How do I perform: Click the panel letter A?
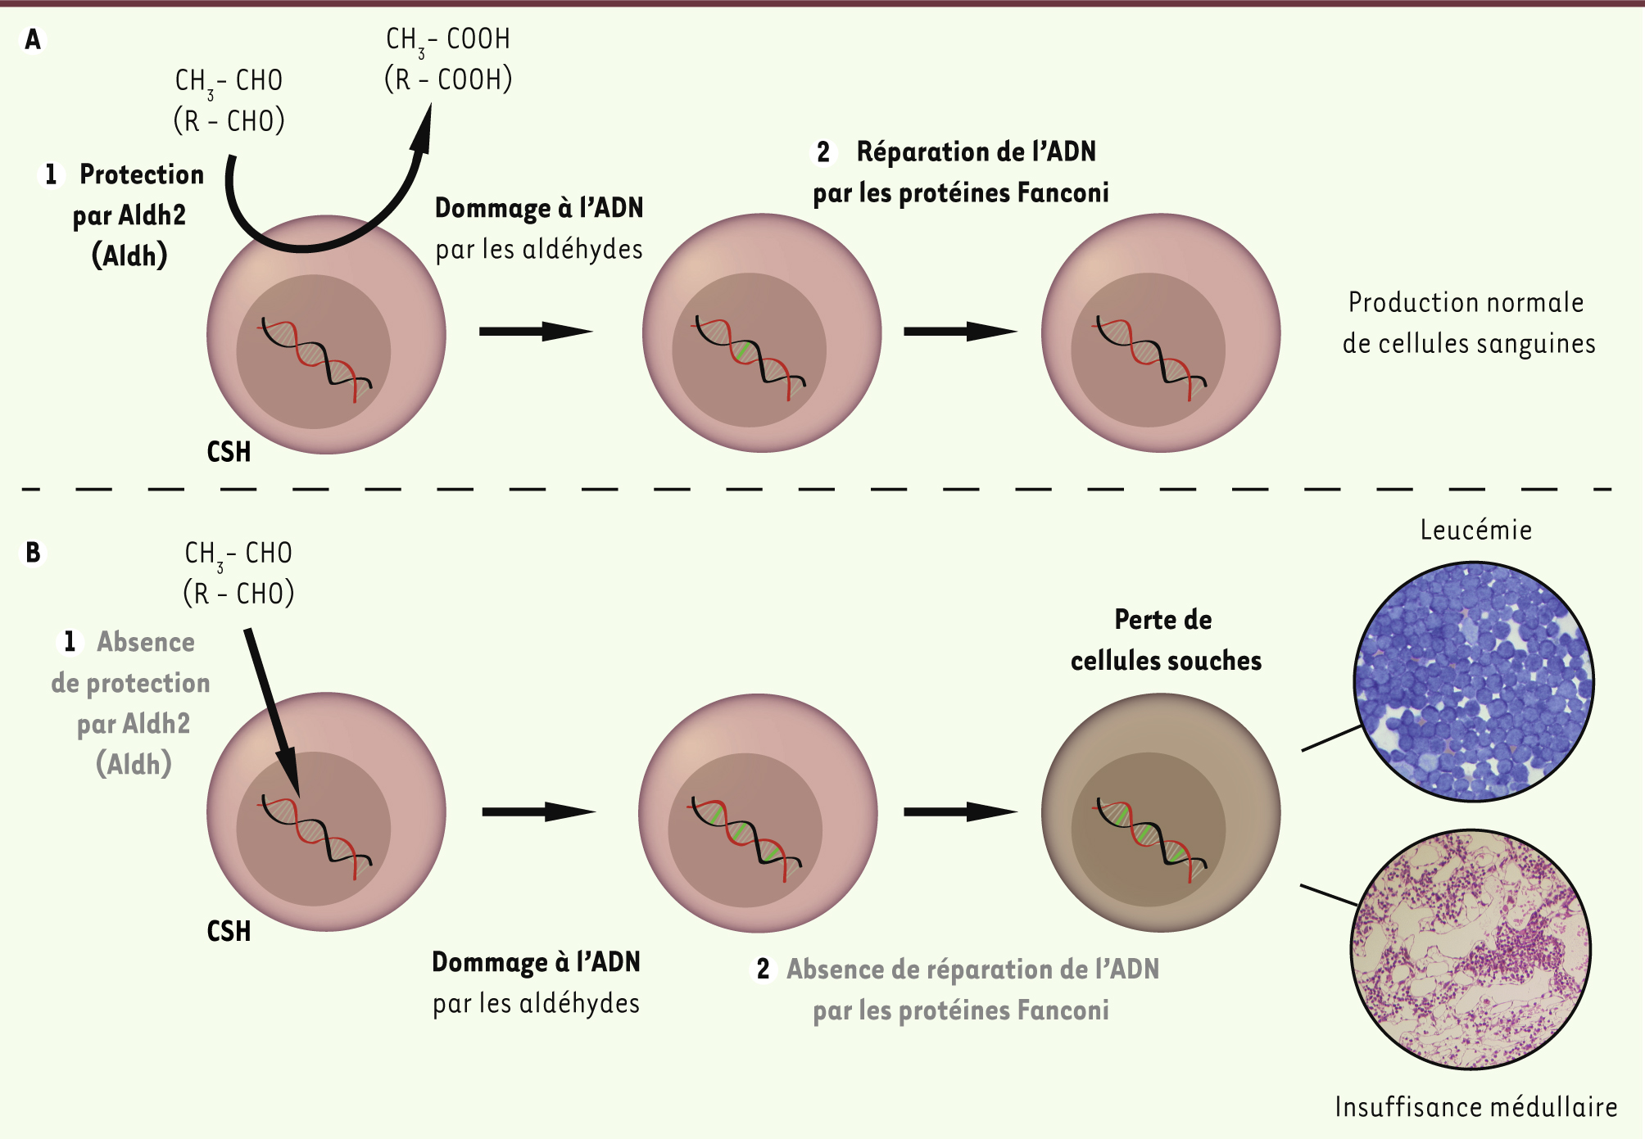tap(33, 39)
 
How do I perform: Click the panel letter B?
tap(33, 553)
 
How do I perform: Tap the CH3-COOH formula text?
tap(448, 40)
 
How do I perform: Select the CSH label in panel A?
tap(229, 452)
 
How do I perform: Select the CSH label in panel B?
tap(229, 931)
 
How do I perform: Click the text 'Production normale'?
tap(1466, 302)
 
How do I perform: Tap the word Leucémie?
tap(1476, 530)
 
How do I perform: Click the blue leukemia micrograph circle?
tap(1474, 681)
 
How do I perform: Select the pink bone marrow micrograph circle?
tap(1471, 949)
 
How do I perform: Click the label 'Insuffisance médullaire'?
tap(1476, 1107)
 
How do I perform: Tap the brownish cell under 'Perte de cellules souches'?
tap(1161, 812)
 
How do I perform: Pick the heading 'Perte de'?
tap(1163, 620)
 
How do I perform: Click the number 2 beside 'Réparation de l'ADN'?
tap(823, 151)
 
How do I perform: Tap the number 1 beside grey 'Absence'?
tap(70, 642)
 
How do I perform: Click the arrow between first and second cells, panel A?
tap(536, 332)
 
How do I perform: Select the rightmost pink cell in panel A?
tap(1161, 332)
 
